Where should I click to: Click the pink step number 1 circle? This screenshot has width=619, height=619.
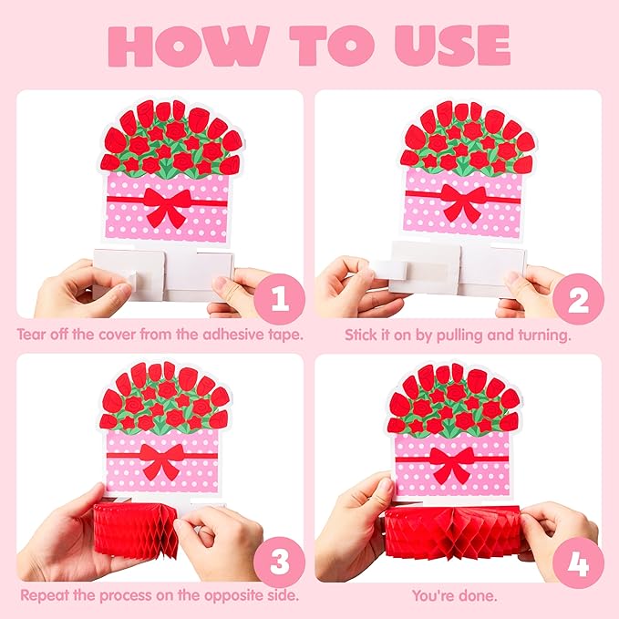pos(280,299)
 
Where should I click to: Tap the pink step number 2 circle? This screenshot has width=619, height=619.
pos(578,299)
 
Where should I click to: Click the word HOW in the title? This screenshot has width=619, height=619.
pos(189,46)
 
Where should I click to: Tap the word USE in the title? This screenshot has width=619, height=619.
pos(452,46)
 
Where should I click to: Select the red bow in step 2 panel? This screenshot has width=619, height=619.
pos(463,202)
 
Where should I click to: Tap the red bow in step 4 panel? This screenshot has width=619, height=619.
pos(451,465)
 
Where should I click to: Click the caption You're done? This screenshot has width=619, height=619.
pos(454,595)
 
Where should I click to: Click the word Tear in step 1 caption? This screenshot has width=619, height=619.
pos(31,335)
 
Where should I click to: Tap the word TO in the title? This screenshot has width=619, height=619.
pos(332,46)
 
